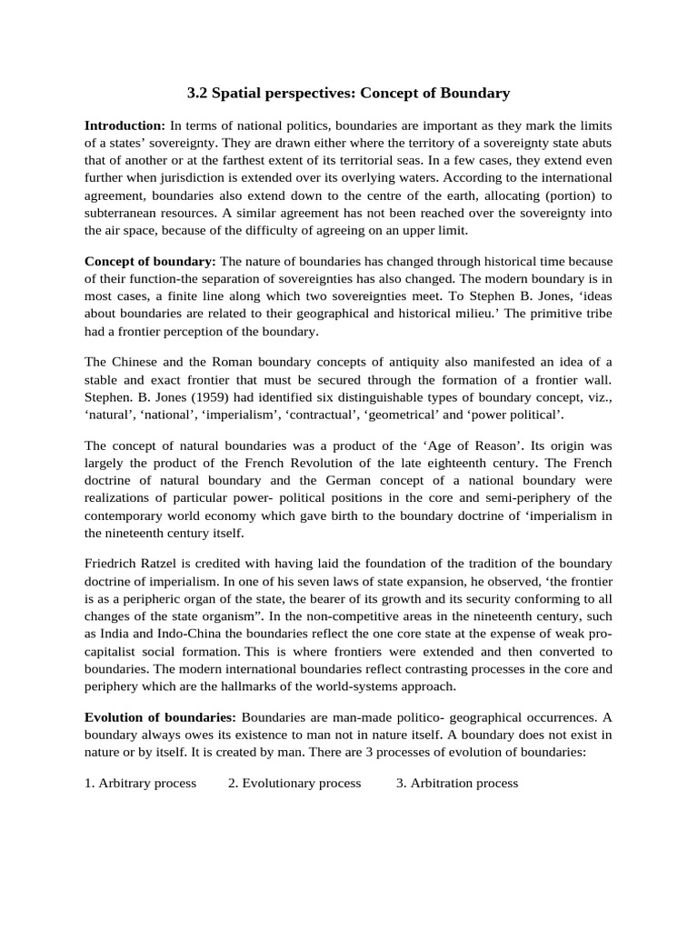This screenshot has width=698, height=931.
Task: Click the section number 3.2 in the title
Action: tap(198, 93)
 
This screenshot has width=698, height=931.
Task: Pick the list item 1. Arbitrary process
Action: tap(140, 783)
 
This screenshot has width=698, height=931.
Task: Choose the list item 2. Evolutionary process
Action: tap(294, 783)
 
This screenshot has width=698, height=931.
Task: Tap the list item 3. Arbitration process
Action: tap(457, 783)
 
